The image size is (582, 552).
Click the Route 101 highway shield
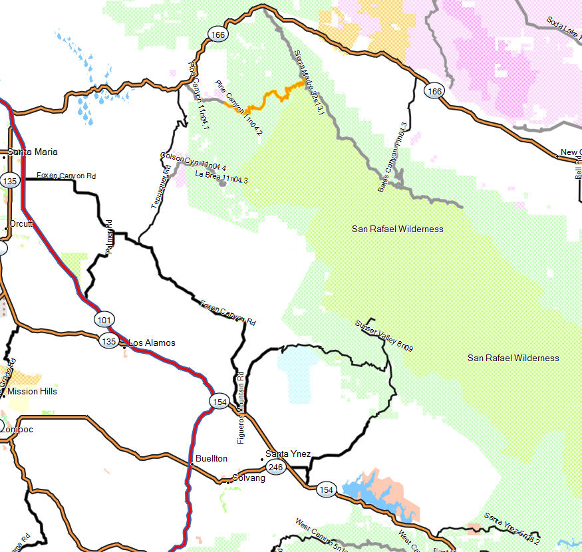104,320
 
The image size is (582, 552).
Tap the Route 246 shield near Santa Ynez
276,468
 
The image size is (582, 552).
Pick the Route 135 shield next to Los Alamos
108,341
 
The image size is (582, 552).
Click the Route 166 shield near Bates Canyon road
434,91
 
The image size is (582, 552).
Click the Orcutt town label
21,224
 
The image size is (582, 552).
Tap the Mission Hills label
32,392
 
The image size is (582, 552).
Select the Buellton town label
211,459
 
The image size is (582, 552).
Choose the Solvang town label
244,478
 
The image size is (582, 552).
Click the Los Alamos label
152,343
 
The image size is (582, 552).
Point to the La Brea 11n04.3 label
221,177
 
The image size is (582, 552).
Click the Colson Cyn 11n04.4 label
194,161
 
